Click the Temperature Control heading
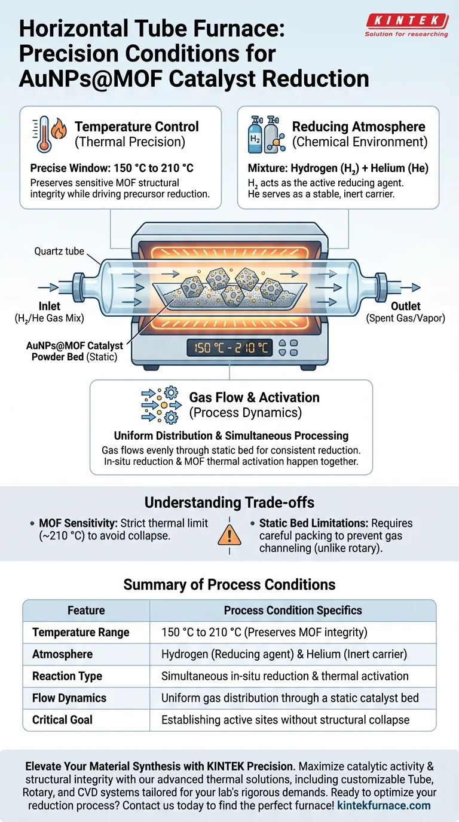(x=137, y=127)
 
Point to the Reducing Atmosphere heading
(x=359, y=127)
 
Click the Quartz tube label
(x=59, y=251)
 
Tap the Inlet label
(x=49, y=306)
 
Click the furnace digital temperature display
(x=229, y=347)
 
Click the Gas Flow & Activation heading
(x=254, y=397)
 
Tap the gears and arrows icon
(x=158, y=404)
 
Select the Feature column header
(x=86, y=610)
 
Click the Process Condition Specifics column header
(x=293, y=610)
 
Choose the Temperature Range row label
(x=81, y=632)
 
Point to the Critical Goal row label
(x=62, y=720)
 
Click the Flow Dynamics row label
(x=69, y=698)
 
